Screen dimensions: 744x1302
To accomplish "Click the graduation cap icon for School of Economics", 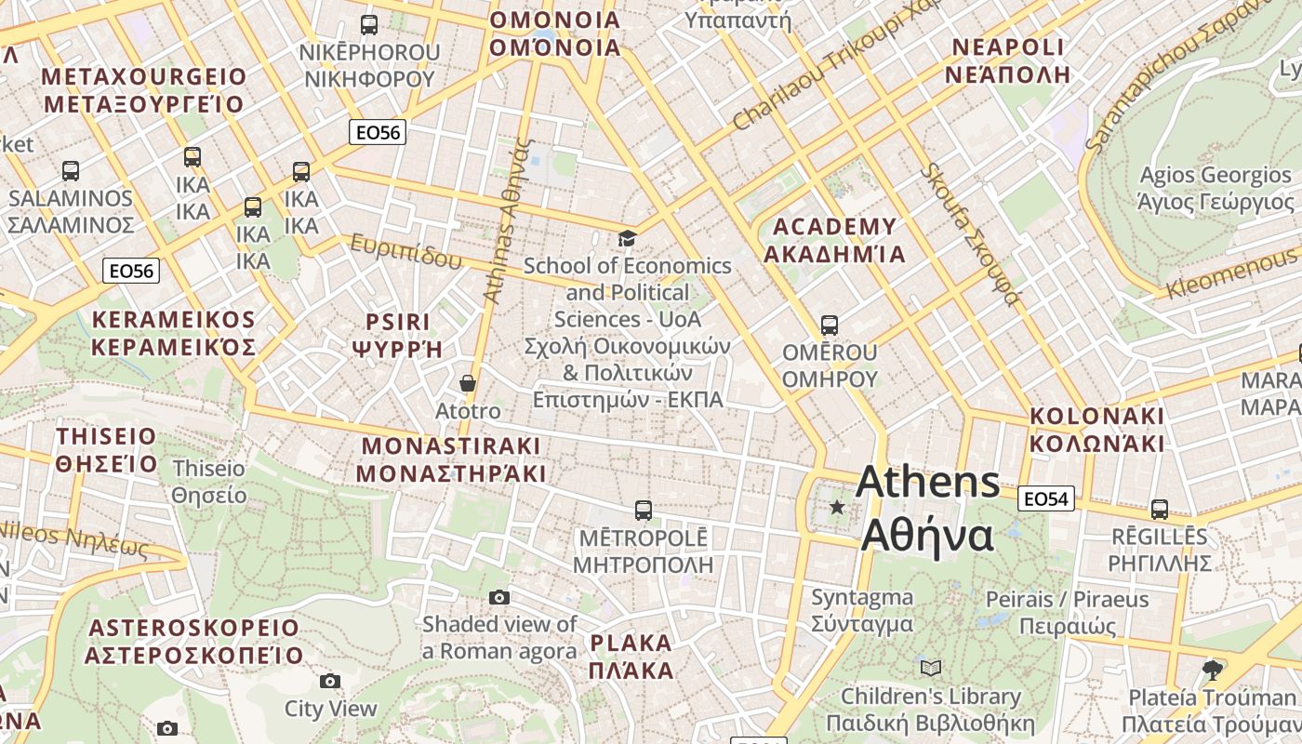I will pyautogui.click(x=628, y=239).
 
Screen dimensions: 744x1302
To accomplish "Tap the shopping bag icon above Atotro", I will pyautogui.click(x=468, y=383).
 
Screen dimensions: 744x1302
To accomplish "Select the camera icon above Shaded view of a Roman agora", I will pyautogui.click(x=499, y=597).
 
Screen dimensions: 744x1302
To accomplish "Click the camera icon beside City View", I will pyautogui.click(x=330, y=682).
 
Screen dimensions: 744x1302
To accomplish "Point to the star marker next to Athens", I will pyautogui.click(x=837, y=507).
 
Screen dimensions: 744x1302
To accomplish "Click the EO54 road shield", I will pyautogui.click(x=1045, y=499).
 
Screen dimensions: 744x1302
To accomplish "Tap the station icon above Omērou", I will pyautogui.click(x=829, y=325).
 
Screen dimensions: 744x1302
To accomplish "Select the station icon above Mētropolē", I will pyautogui.click(x=643, y=510).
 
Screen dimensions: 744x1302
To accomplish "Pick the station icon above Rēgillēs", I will pyautogui.click(x=1159, y=509).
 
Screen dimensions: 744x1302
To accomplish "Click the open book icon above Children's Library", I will pyautogui.click(x=931, y=668).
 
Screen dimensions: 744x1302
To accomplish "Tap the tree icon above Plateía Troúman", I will pyautogui.click(x=1212, y=670).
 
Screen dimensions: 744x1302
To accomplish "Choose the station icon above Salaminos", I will pyautogui.click(x=71, y=171).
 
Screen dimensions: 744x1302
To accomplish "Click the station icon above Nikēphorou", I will pyautogui.click(x=369, y=25).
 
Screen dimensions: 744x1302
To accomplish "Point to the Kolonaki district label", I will pyautogui.click(x=1096, y=429).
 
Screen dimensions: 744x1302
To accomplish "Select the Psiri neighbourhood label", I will pyautogui.click(x=397, y=336).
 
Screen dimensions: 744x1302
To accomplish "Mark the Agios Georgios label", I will pyautogui.click(x=1216, y=189).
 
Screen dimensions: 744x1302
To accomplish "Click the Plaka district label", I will pyautogui.click(x=631, y=657).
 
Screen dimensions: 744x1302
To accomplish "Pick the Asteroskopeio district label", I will pyautogui.click(x=193, y=642).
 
